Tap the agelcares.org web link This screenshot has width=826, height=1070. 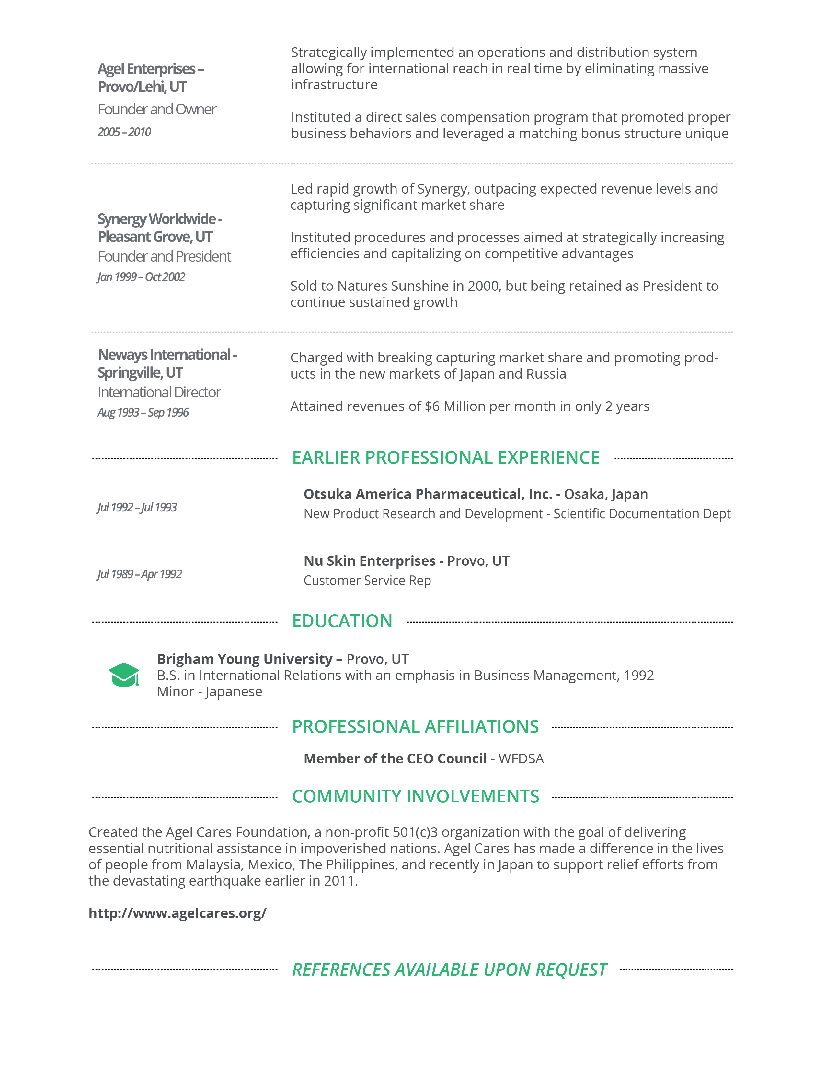[177, 913]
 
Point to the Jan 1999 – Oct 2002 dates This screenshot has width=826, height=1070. [141, 277]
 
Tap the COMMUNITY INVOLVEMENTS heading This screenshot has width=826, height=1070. [415, 796]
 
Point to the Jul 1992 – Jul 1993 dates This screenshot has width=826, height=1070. [137, 507]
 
